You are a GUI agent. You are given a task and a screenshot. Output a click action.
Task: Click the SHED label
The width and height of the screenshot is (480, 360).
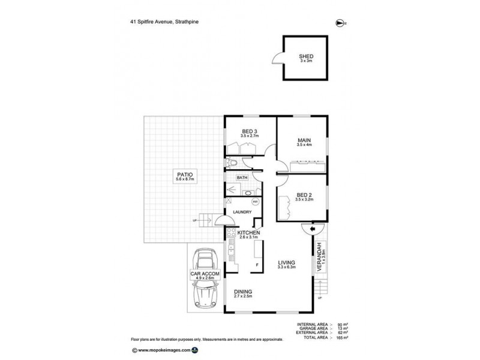(306, 57)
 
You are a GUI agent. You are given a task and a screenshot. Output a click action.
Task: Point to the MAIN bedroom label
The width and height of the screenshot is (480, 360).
(304, 142)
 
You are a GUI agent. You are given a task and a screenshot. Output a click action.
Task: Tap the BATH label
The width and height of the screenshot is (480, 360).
(242, 178)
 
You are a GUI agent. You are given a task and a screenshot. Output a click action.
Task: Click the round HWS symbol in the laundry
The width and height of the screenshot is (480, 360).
(254, 202)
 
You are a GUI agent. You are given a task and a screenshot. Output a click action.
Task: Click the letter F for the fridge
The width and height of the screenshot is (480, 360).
(257, 265)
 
